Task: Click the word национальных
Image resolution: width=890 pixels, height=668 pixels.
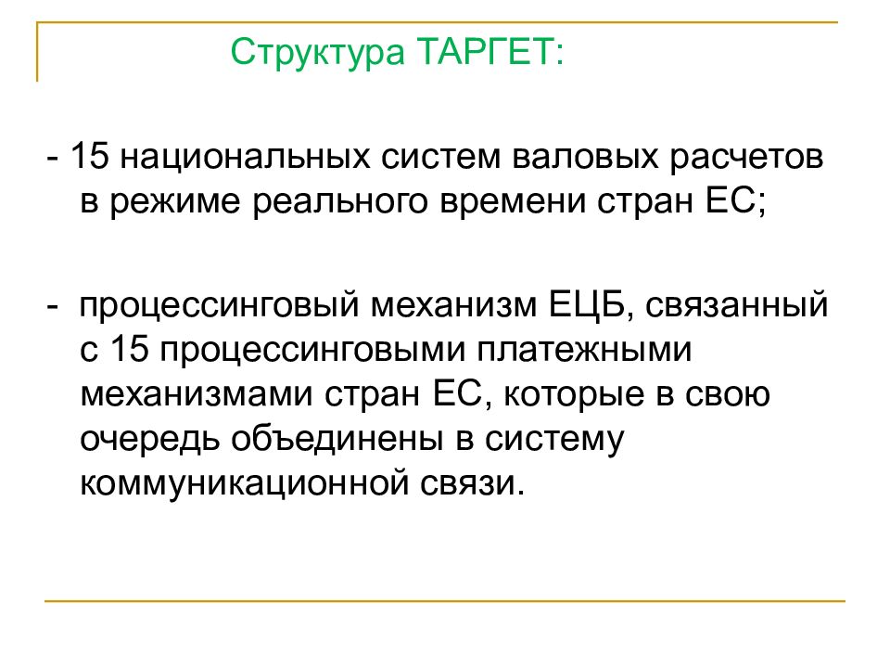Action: pyautogui.click(x=244, y=156)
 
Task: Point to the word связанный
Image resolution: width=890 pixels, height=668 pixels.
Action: pyautogui.click(x=733, y=305)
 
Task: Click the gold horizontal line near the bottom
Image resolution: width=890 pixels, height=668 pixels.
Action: pyautogui.click(x=445, y=602)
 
